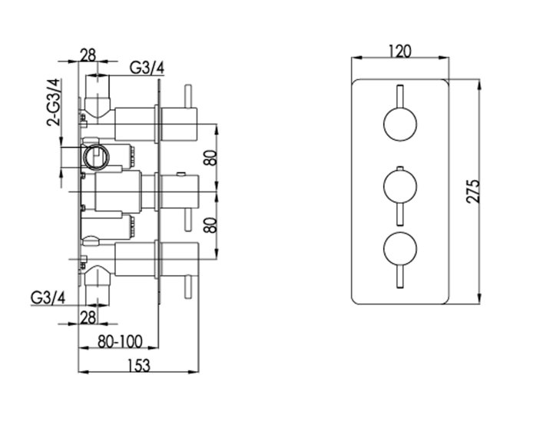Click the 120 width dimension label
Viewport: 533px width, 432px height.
(x=400, y=52)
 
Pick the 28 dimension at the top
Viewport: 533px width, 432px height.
(x=88, y=55)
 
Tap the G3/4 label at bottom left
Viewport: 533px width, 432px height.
(x=47, y=297)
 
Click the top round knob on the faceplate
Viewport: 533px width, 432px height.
(x=400, y=124)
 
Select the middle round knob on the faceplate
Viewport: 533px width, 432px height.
(x=400, y=188)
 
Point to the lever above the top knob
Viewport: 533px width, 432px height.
(x=400, y=96)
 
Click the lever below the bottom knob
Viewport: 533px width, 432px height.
(x=400, y=279)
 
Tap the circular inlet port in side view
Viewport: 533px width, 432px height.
(x=96, y=157)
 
